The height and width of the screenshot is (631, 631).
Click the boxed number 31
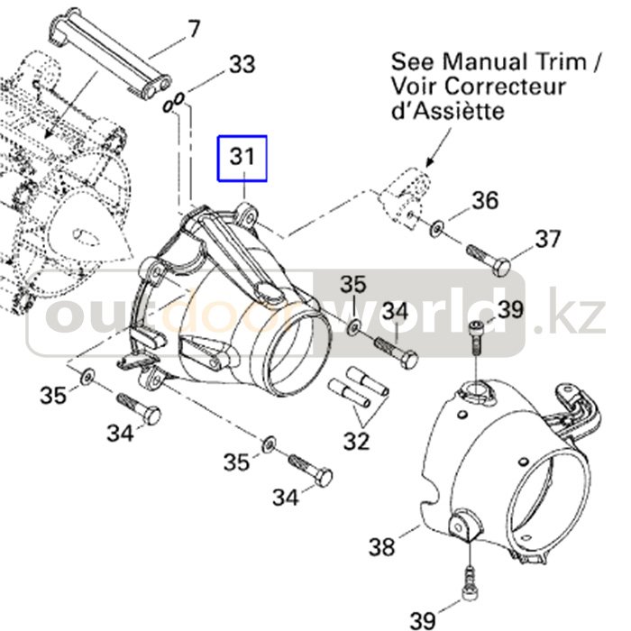[x=241, y=157]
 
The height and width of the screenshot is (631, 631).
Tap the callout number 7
[x=194, y=30]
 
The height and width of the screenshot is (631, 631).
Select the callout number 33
[x=241, y=65]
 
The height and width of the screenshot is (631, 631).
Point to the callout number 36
[x=485, y=200]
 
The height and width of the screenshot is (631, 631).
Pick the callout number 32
[x=357, y=441]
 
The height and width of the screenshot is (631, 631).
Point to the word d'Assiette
[x=447, y=113]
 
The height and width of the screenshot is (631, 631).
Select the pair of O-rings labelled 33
[x=175, y=103]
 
